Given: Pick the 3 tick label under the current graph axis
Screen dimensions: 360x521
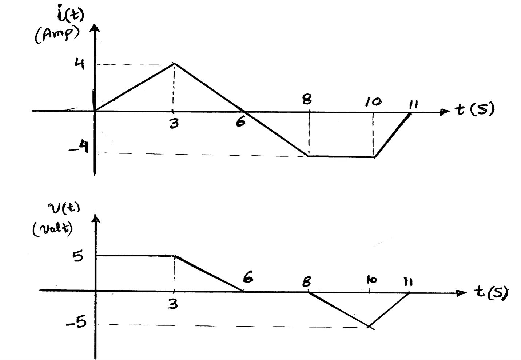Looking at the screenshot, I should [x=174, y=124].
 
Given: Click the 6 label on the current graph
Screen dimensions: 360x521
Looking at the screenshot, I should [x=240, y=121].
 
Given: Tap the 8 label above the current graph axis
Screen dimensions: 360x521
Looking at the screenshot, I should [x=307, y=99].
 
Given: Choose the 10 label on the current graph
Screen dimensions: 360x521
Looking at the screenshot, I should [x=373, y=102].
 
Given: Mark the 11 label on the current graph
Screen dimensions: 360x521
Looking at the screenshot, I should [x=413, y=105].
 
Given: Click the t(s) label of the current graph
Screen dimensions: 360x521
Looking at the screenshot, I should [x=475, y=109].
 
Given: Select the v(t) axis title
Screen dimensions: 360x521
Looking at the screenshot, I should [x=63, y=208].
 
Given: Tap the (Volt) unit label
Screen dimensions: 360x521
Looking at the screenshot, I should [x=53, y=229].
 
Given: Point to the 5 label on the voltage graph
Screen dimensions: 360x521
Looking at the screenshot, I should [x=77, y=257].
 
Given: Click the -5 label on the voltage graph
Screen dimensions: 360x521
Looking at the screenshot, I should [x=77, y=323].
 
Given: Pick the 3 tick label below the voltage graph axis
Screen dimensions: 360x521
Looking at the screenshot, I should [x=173, y=304].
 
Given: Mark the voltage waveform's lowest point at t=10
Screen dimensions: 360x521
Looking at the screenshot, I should [x=369, y=327].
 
